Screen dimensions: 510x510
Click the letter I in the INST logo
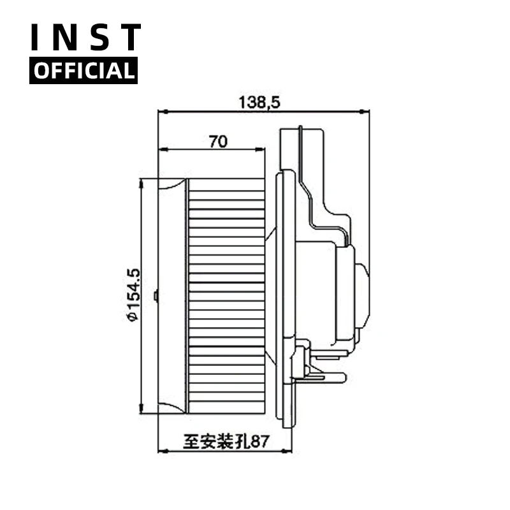tap(36, 38)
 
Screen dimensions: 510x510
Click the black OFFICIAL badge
tap(84, 71)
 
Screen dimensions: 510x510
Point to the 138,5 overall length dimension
tap(259, 102)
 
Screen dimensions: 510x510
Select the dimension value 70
tap(218, 142)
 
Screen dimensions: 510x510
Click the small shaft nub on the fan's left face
tap(156, 295)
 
